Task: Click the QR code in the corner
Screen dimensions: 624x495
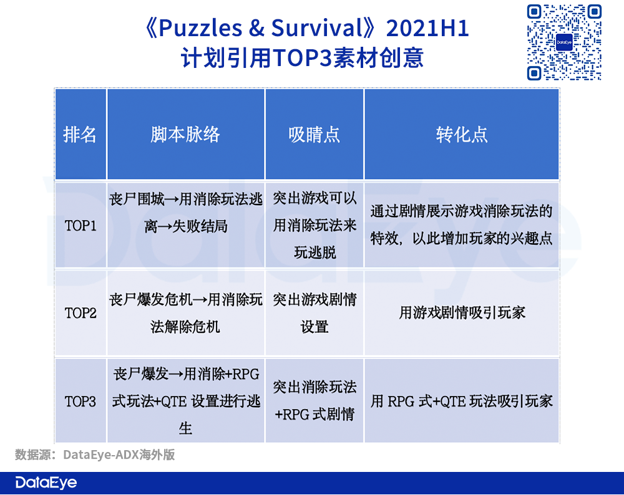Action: coord(564,42)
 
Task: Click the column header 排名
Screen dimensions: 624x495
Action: coord(80,135)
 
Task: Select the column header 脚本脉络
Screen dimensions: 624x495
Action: coord(185,135)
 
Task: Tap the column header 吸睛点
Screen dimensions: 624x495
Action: coord(314,135)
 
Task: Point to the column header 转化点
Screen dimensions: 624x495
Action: coord(462,135)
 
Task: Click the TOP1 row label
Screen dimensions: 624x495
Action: coord(80,226)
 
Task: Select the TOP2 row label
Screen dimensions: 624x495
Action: coord(80,314)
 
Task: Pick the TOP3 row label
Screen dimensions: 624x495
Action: coord(80,401)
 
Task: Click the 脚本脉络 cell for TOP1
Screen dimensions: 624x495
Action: coord(185,213)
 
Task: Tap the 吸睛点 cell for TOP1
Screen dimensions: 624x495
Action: coord(314,225)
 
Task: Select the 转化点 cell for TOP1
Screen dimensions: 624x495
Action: coord(461,224)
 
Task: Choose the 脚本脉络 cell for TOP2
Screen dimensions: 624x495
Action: coord(185,314)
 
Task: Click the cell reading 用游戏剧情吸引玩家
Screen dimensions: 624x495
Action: coord(462,313)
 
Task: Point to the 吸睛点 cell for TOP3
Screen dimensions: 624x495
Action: coord(314,401)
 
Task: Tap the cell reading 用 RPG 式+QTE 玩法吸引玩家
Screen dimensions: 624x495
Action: coord(462,401)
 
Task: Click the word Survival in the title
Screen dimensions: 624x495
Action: coord(316,28)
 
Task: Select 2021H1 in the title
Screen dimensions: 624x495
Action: coord(428,28)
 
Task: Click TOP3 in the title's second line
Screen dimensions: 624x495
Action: coord(302,57)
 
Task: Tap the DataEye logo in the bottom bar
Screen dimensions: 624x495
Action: coord(46,483)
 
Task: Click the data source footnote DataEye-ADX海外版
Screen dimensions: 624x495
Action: coord(119,454)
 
